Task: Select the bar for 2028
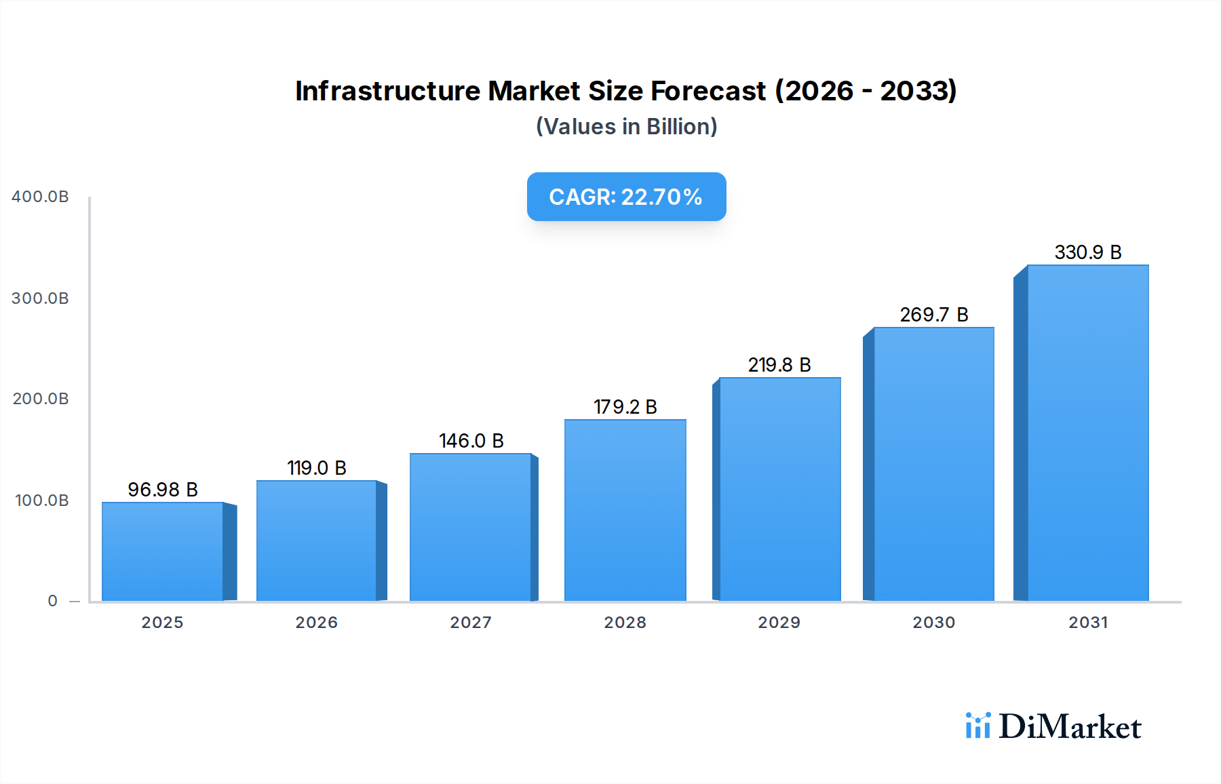point(625,510)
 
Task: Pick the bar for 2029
point(779,489)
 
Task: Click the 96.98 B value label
point(163,490)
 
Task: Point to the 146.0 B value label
point(471,441)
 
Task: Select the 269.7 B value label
point(934,315)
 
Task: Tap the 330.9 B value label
point(1088,252)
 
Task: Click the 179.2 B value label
point(625,407)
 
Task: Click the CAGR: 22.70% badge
point(626,197)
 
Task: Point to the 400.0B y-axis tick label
point(40,197)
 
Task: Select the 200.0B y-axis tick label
point(40,399)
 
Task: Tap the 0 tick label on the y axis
point(53,601)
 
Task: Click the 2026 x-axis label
point(317,623)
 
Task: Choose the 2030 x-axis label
point(934,623)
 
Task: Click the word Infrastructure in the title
point(387,91)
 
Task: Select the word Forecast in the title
point(708,91)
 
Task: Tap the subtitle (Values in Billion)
point(626,127)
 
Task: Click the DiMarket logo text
point(1070,727)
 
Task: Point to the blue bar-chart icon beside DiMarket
point(977,726)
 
